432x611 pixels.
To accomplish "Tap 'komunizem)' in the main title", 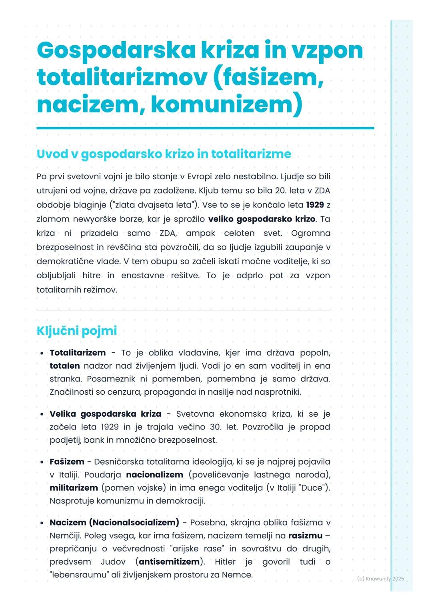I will [226, 104].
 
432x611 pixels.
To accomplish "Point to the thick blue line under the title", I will [205, 128].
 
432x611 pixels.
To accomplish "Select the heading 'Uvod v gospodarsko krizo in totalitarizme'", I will [164, 154].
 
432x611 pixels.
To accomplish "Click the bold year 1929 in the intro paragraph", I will [315, 205].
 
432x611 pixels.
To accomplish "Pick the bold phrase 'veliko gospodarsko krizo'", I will [262, 219].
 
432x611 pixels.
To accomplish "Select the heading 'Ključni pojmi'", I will [76, 331].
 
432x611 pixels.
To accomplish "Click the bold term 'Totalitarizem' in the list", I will [78, 353].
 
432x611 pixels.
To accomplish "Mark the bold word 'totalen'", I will [64, 366].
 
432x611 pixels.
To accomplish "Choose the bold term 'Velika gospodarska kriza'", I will [105, 414].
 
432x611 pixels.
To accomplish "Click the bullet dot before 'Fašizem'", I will [42, 462].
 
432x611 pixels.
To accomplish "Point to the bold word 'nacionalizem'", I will [154, 475].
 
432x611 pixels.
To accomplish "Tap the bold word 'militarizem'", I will [74, 488].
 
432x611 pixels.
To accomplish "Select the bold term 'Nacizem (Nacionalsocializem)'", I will [114, 523].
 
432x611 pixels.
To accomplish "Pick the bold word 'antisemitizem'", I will [170, 562].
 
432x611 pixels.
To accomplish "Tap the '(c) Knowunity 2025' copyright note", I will [380, 579].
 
